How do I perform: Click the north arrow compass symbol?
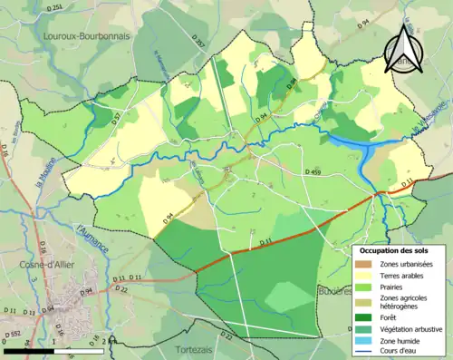401,49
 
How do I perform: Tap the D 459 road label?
313,171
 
